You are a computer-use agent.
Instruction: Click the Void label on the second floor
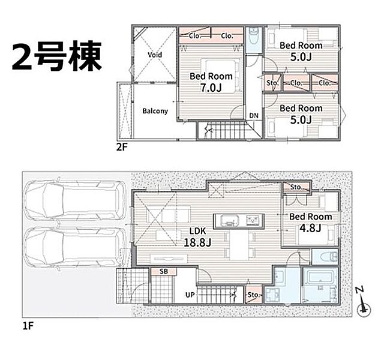coord(155,55)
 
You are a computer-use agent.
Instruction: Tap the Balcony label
coord(155,111)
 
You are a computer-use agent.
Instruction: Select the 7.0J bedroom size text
coord(211,88)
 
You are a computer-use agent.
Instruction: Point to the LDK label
coord(198,231)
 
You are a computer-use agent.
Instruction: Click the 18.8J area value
coord(197,242)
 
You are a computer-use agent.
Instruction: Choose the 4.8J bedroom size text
coord(310,228)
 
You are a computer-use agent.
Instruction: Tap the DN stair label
coord(254,116)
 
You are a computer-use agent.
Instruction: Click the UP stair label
coord(190,295)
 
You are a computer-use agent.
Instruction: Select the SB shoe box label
coord(164,271)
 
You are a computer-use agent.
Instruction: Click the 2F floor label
coord(122,148)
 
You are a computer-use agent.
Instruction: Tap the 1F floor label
coord(28,326)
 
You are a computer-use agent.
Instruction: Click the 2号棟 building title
coord(57,56)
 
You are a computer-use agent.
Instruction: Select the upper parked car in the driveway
coord(74,200)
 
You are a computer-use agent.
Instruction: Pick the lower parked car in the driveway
coord(74,247)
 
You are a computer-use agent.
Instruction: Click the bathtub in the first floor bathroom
coord(320,277)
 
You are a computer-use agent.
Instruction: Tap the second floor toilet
coord(253,37)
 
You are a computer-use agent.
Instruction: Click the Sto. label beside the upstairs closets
coord(272,83)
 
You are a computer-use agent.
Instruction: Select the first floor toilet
coord(328,257)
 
